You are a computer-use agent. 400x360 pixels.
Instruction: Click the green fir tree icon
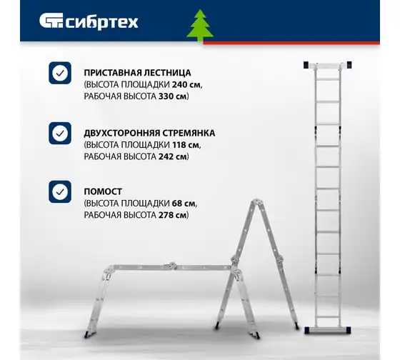(200, 25)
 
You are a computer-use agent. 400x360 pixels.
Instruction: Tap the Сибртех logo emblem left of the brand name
(51, 21)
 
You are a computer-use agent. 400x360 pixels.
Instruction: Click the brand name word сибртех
(102, 22)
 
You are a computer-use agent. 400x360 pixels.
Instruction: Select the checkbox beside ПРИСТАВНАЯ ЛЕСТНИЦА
(60, 73)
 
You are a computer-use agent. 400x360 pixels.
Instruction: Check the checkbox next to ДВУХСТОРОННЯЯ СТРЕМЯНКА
(60, 133)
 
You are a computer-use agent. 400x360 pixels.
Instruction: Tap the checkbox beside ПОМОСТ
(60, 191)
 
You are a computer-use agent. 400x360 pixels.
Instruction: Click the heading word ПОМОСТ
(103, 191)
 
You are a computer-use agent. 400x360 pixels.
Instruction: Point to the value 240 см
(186, 84)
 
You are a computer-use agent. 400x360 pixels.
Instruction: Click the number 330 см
(173, 96)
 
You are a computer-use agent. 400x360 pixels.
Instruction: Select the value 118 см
(186, 145)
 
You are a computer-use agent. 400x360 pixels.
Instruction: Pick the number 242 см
(173, 156)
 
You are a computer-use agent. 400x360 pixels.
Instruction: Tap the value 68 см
(184, 204)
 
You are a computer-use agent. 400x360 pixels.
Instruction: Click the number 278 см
(173, 215)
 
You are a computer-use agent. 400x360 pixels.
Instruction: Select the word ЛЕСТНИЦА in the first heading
(167, 73)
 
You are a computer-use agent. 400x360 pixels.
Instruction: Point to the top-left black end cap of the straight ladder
(306, 65)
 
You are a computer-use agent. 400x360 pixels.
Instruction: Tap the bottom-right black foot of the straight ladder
(349, 331)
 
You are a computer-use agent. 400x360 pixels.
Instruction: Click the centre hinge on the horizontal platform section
(171, 266)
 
